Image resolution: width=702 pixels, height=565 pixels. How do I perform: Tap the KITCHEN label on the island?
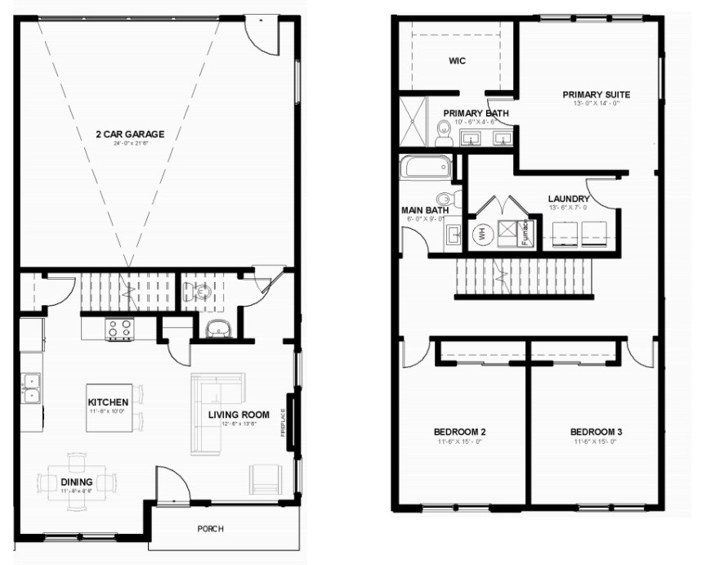pos(108,402)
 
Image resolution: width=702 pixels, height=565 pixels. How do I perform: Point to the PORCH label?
pos(210,528)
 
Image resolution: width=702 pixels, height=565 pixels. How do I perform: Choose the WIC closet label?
pos(457,61)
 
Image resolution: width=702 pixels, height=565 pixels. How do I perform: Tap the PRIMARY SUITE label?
pos(596,94)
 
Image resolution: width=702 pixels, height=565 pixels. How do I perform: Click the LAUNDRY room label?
pos(569,199)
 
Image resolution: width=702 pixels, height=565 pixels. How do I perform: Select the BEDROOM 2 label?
pos(460,432)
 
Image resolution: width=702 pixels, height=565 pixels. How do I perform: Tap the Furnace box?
pos(528,232)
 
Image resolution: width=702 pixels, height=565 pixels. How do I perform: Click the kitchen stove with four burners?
pos(120,329)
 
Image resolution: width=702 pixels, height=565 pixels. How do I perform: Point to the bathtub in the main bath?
pos(424,168)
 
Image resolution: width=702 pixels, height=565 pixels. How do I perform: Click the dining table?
pos(76,482)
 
